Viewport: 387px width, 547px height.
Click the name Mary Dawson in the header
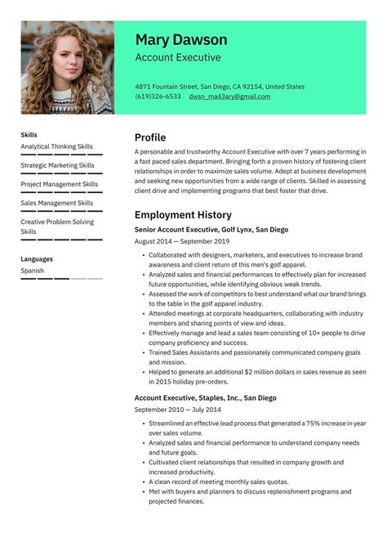(x=181, y=40)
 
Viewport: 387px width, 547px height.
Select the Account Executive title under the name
(x=178, y=58)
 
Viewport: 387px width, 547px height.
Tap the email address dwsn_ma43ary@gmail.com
(x=229, y=96)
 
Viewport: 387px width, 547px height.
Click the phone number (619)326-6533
(x=158, y=96)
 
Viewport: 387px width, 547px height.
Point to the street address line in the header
(x=220, y=86)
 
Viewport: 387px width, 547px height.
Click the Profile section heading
(x=150, y=137)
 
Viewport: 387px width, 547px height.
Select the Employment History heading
(x=185, y=214)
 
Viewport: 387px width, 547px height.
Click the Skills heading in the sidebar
(x=29, y=135)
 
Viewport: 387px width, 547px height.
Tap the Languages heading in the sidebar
(x=37, y=259)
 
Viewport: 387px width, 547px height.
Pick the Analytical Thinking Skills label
(x=56, y=146)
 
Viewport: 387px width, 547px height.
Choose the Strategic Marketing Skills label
(x=56, y=165)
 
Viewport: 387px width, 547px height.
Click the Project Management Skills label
(x=59, y=184)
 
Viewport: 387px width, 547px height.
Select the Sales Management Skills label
(x=56, y=203)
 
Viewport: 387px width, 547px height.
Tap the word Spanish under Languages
(x=33, y=271)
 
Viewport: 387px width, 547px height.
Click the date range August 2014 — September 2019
(x=182, y=241)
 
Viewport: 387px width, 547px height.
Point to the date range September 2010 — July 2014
(x=178, y=409)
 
